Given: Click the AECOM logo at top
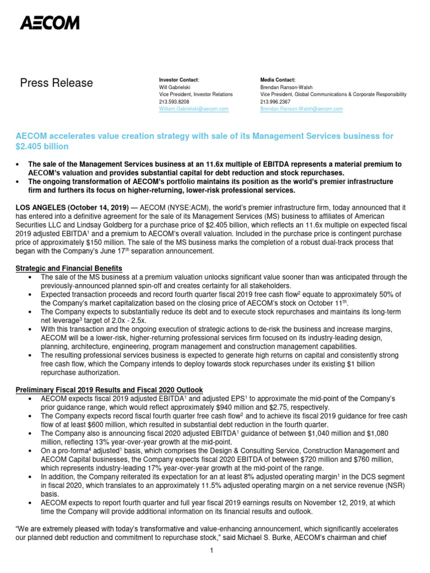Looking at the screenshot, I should point(50,23).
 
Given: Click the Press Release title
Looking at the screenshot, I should point(57,83).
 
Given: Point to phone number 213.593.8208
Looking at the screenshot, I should point(174,102).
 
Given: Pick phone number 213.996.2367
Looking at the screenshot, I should point(275,102).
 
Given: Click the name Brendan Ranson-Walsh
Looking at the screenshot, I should point(286,87).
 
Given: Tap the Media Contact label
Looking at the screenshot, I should point(278,80).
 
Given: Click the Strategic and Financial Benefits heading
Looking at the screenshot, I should point(69,269).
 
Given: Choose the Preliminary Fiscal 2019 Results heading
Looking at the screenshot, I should point(109,389).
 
